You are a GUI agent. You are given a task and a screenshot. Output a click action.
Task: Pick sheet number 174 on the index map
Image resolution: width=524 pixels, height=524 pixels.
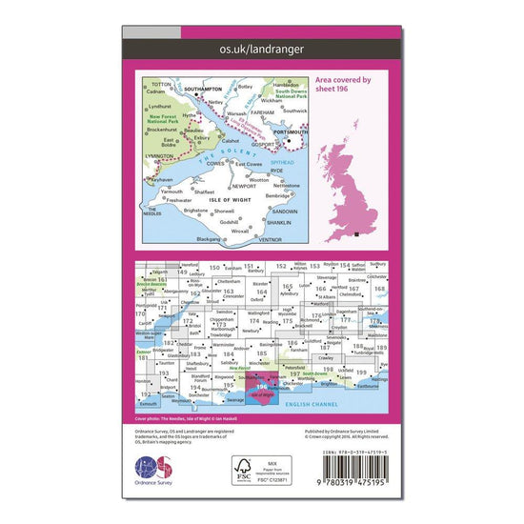click(x=253, y=322)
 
